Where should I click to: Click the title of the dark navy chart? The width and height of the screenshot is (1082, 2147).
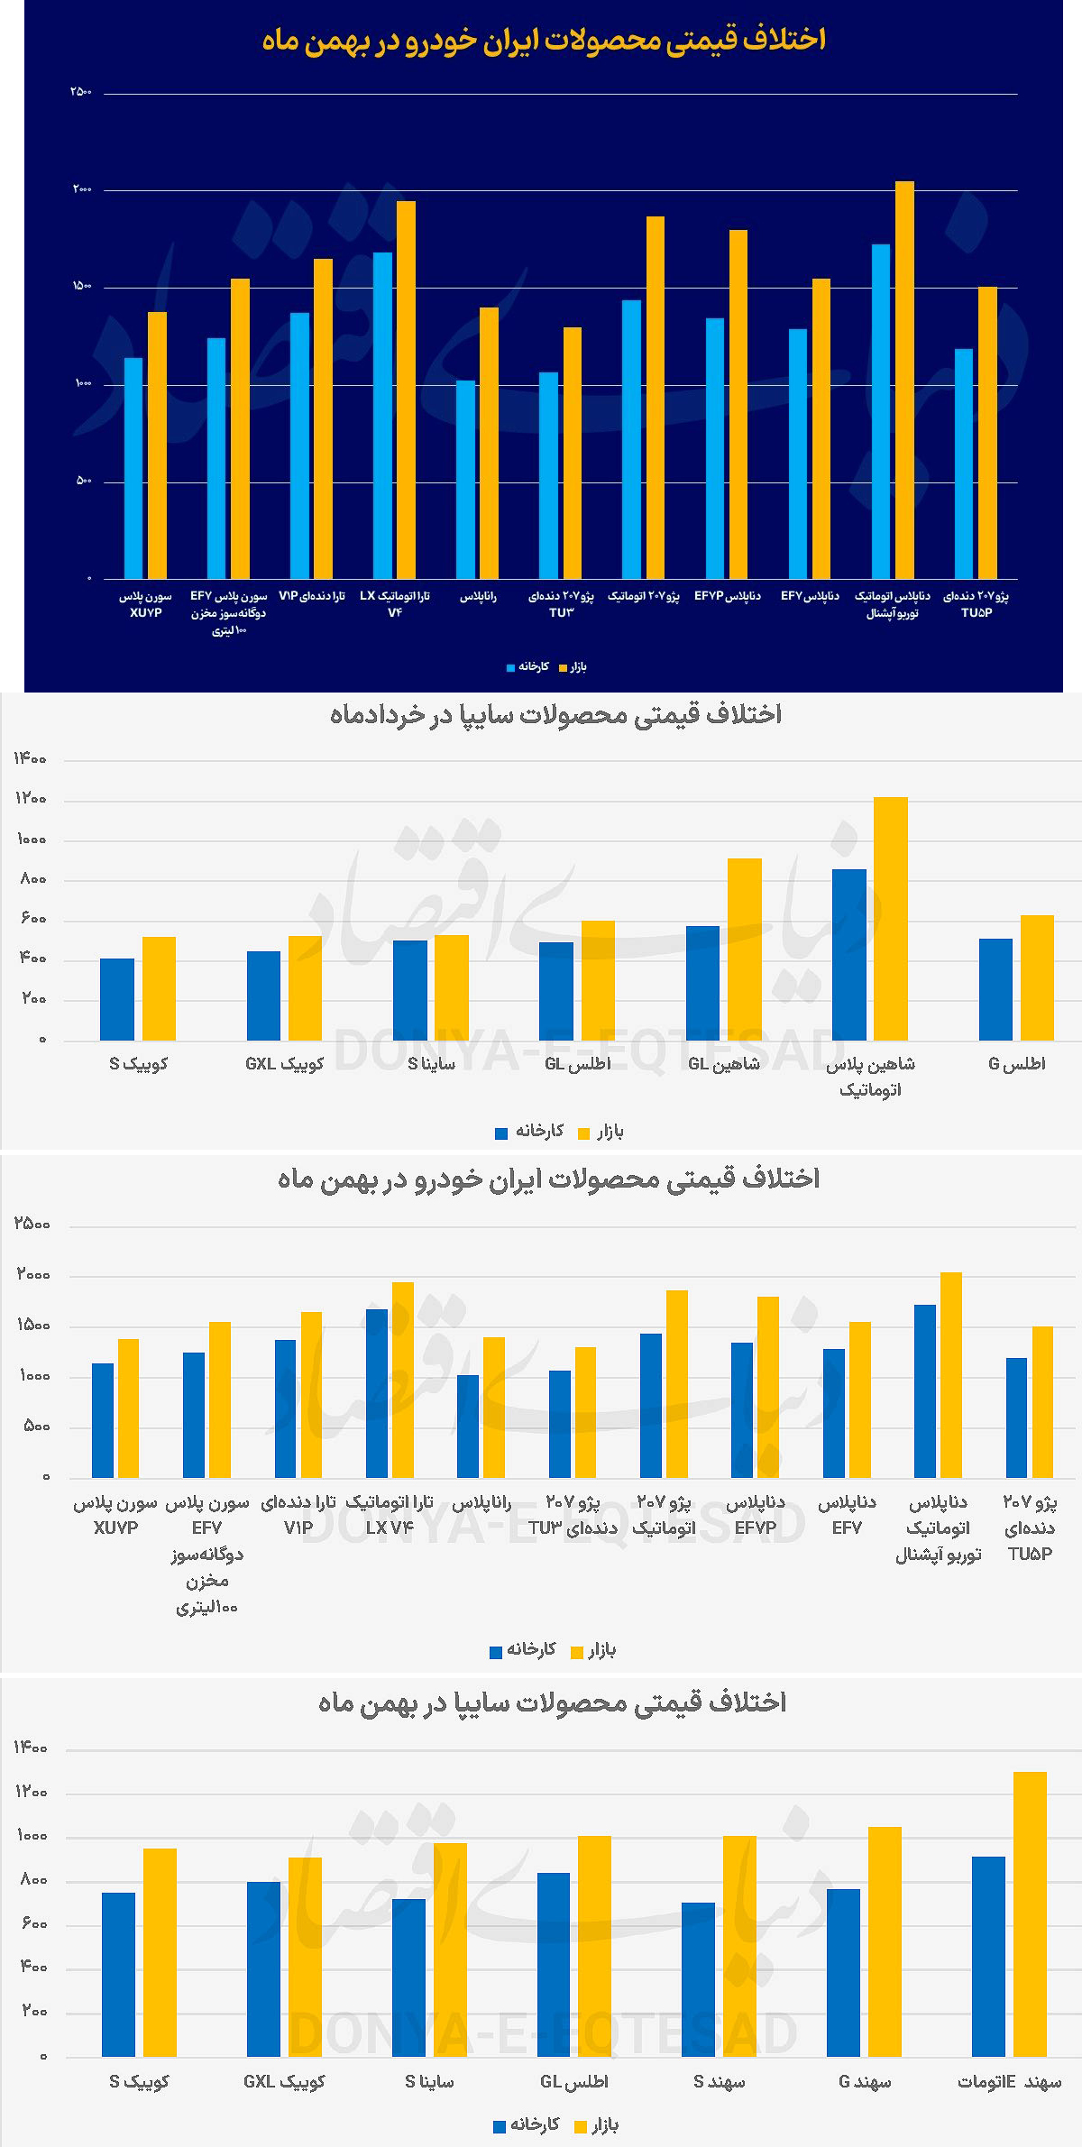pyautogui.click(x=544, y=40)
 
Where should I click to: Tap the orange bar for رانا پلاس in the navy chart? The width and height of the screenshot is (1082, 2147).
pyautogui.click(x=489, y=442)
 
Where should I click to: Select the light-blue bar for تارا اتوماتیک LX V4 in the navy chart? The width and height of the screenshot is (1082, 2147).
pyautogui.click(x=382, y=415)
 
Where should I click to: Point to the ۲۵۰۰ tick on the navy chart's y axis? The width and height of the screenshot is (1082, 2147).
pyautogui.click(x=81, y=92)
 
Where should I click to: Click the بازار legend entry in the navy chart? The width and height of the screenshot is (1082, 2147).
pyautogui.click(x=573, y=667)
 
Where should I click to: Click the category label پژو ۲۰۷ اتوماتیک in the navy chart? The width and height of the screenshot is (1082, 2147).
pyautogui.click(x=644, y=596)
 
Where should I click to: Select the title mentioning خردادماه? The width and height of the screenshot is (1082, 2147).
pyautogui.click(x=555, y=714)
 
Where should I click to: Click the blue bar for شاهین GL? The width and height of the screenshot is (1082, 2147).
pyautogui.click(x=702, y=983)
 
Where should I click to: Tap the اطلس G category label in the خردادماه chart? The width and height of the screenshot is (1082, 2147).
pyautogui.click(x=1016, y=1064)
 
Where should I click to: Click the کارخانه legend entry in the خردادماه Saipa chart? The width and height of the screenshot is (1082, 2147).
pyautogui.click(x=530, y=1132)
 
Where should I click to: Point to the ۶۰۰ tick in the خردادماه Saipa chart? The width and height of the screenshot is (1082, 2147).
pyautogui.click(x=32, y=919)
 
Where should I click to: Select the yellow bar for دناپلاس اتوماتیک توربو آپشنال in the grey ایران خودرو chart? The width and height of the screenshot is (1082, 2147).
pyautogui.click(x=950, y=1374)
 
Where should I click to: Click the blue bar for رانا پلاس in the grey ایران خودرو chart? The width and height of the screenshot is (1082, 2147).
pyautogui.click(x=468, y=1426)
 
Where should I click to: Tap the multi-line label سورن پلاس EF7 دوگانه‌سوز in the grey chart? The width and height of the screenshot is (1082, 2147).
pyautogui.click(x=206, y=1554)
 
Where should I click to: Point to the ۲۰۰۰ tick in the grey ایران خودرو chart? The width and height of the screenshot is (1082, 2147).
pyautogui.click(x=33, y=1274)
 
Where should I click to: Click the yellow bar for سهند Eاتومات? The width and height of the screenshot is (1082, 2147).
pyautogui.click(x=1030, y=1913)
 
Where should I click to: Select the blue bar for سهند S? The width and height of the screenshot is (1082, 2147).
pyautogui.click(x=698, y=1978)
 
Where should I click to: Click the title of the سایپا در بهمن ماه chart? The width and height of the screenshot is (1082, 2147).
pyautogui.click(x=552, y=1702)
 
